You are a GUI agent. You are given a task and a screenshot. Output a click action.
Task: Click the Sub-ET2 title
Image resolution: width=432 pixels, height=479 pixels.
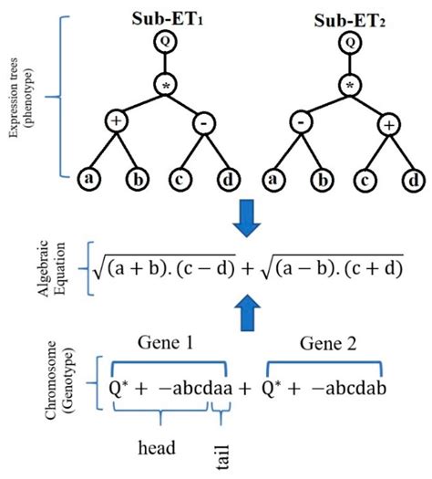(349, 18)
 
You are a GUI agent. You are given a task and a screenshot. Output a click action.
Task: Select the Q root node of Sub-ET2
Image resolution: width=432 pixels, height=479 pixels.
(349, 42)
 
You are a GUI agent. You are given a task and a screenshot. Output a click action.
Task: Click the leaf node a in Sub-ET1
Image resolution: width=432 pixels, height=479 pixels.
(88, 178)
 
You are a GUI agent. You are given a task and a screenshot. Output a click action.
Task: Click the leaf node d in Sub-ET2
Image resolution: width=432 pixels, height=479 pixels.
(411, 178)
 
